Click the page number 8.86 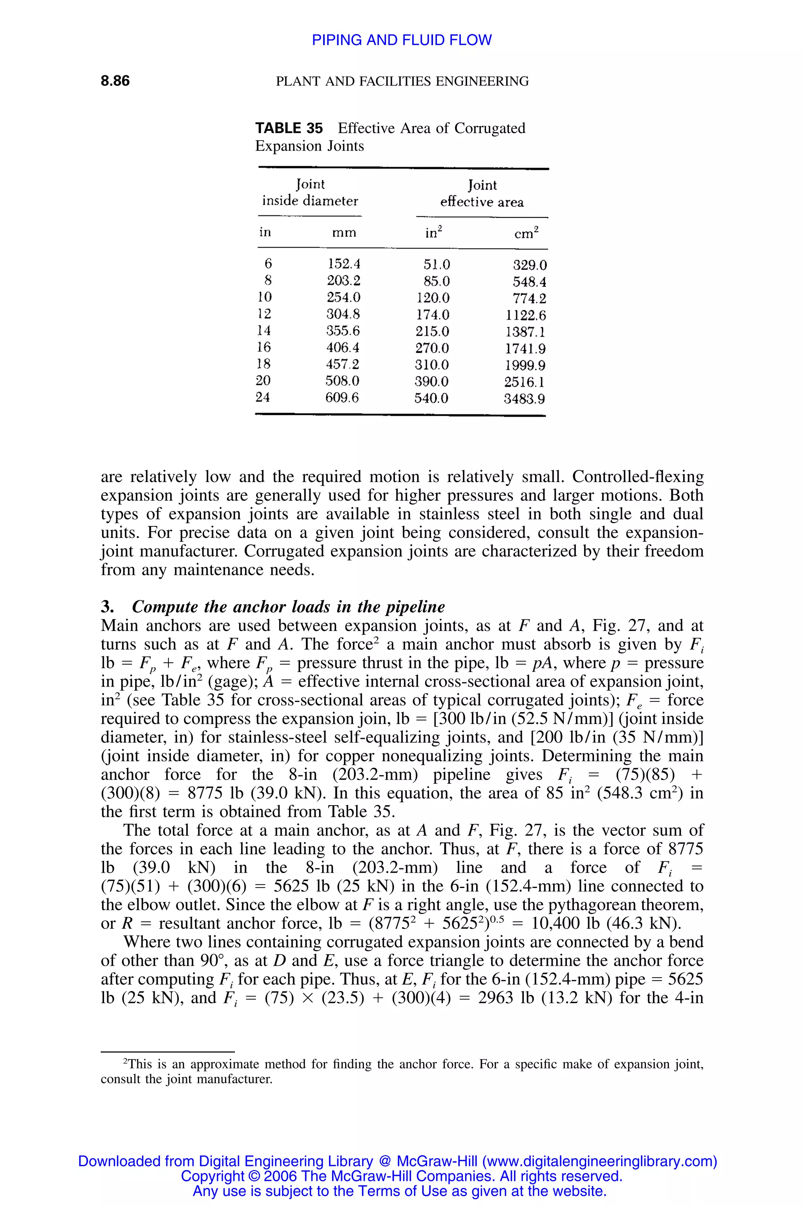[115, 81]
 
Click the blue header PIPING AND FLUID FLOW [402, 40]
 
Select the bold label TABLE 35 [289, 128]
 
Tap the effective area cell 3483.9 [524, 399]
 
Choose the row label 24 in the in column [263, 397]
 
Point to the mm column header [344, 233]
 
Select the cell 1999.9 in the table [525, 365]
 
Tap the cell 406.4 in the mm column [343, 348]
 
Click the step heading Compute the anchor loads [288, 607]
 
